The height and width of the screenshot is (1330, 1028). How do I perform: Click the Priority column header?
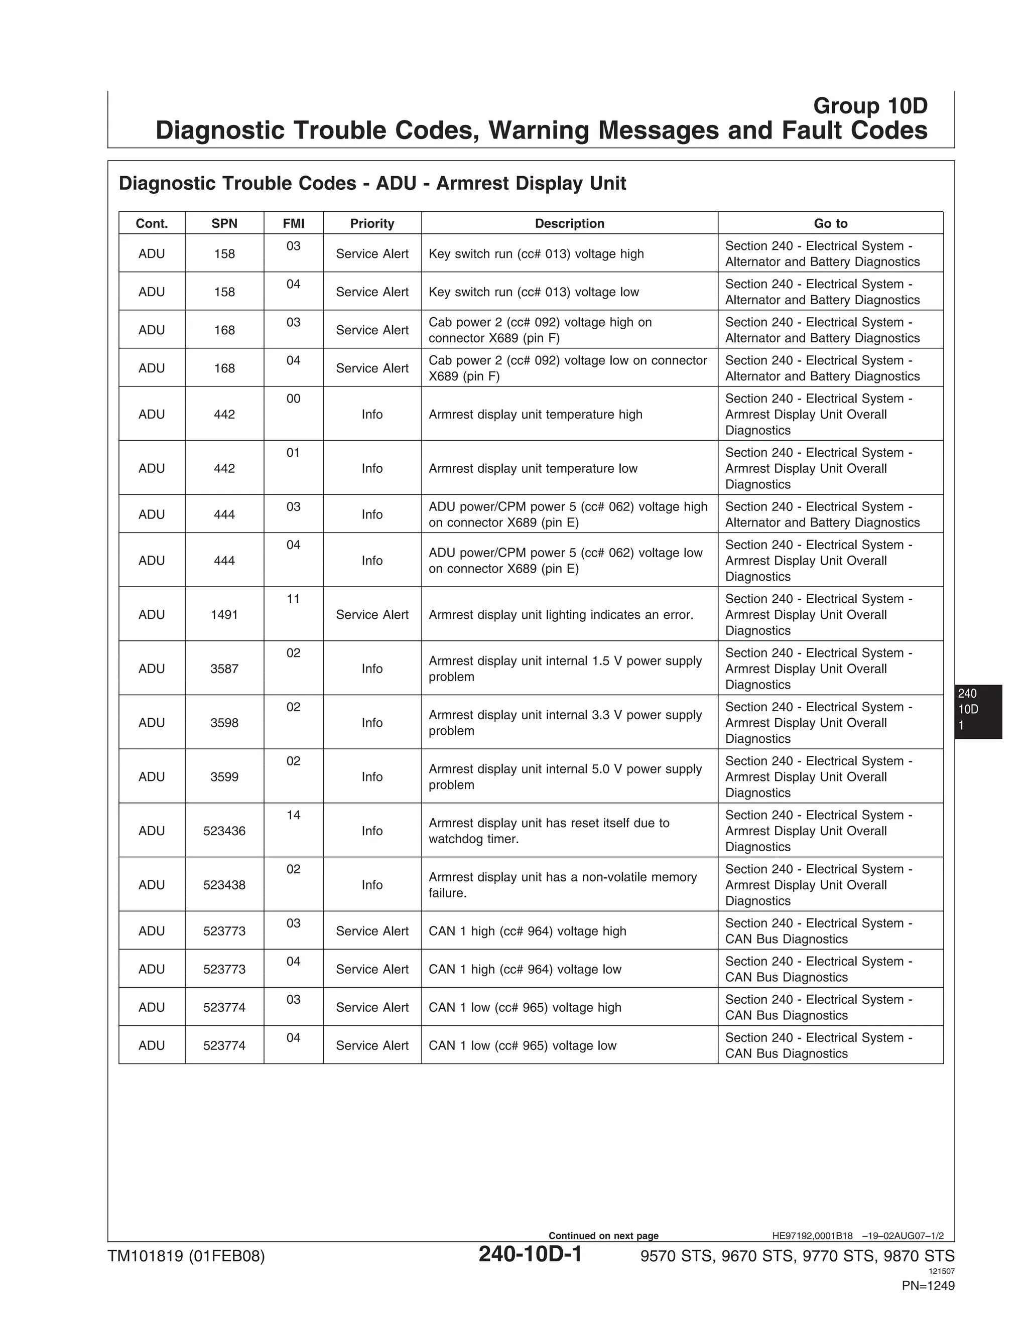coord(371,223)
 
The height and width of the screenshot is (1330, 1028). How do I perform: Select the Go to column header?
coord(830,223)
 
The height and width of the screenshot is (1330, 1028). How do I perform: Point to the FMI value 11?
coord(293,599)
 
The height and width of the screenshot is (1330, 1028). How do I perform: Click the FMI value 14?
coord(293,816)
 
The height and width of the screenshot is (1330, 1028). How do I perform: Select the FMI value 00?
coord(293,399)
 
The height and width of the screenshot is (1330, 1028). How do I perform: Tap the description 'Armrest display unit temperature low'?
coord(533,468)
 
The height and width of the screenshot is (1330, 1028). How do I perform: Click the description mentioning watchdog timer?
coord(549,831)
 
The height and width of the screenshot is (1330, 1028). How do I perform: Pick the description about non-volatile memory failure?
coord(562,885)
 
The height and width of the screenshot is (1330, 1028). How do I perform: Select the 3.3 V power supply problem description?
coord(565,723)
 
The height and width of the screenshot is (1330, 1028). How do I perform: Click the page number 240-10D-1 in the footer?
coord(530,1255)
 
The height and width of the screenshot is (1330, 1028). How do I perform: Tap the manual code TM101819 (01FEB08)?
coord(186,1256)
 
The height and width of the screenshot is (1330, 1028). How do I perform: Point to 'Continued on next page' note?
coord(603,1236)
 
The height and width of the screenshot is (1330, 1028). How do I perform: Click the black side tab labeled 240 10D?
coord(977,711)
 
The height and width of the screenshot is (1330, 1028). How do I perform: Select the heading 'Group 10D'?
coord(870,106)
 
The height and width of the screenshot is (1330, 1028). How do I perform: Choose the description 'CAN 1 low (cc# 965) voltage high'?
coord(525,1007)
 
